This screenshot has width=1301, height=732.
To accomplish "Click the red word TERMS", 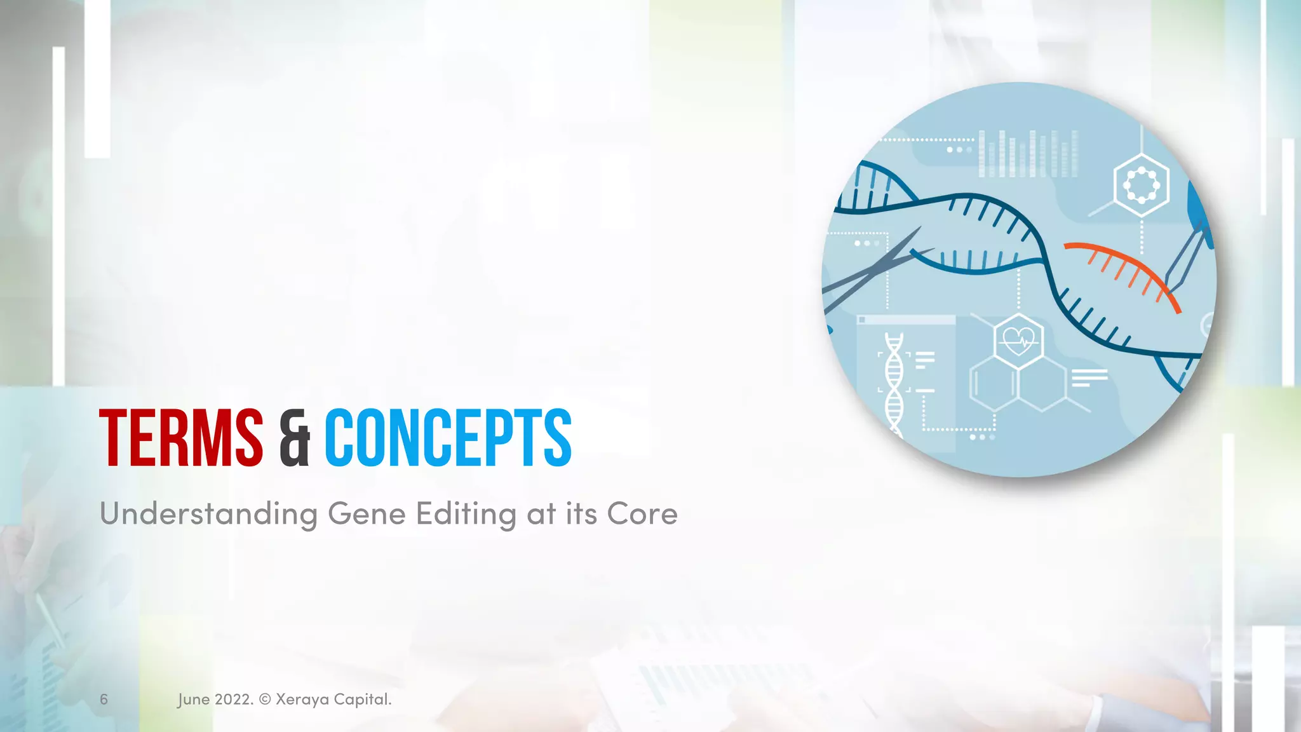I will click(181, 438).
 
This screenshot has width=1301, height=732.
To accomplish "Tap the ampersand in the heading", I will click(294, 438).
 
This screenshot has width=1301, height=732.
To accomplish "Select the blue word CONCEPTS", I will click(448, 438).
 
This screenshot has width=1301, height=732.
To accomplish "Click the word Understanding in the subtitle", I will click(208, 514).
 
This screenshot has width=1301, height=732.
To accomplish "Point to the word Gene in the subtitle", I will click(367, 514).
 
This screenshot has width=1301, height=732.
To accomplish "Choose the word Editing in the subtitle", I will click(466, 514).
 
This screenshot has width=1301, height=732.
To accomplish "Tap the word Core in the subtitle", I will click(642, 514).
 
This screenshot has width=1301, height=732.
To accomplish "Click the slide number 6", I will click(104, 700).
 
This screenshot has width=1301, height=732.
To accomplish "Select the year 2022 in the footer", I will click(233, 700).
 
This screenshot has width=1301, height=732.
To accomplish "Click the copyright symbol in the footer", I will click(265, 700).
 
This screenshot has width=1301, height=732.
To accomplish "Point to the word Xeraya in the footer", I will click(302, 700).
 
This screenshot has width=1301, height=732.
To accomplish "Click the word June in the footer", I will click(193, 700).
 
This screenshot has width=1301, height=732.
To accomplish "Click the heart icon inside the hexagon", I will click(1018, 342).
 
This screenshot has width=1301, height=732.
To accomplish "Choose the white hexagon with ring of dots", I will click(1142, 186).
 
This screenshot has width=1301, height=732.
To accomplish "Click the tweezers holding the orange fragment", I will click(1185, 254).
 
